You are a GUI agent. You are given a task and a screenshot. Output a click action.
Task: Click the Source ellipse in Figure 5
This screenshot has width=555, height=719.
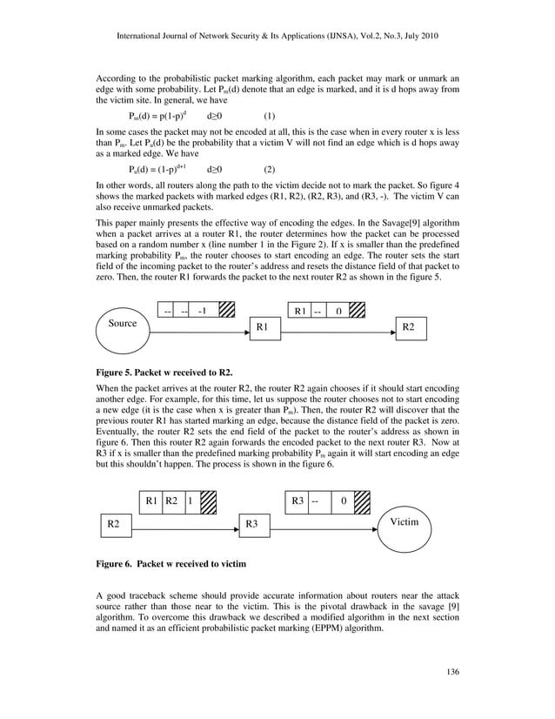(x=123, y=324)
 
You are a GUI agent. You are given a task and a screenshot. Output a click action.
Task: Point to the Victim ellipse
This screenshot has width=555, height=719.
(x=404, y=523)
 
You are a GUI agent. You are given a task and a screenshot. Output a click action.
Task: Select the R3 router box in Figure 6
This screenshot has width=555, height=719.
(x=253, y=524)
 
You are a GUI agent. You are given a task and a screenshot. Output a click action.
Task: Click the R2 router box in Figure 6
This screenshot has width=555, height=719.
(x=112, y=524)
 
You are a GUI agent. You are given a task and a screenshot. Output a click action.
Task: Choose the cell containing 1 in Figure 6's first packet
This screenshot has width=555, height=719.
(x=191, y=501)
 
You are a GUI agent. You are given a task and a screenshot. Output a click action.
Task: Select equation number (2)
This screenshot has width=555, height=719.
(x=270, y=169)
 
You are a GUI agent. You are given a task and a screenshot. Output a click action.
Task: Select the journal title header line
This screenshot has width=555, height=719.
(x=277, y=37)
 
